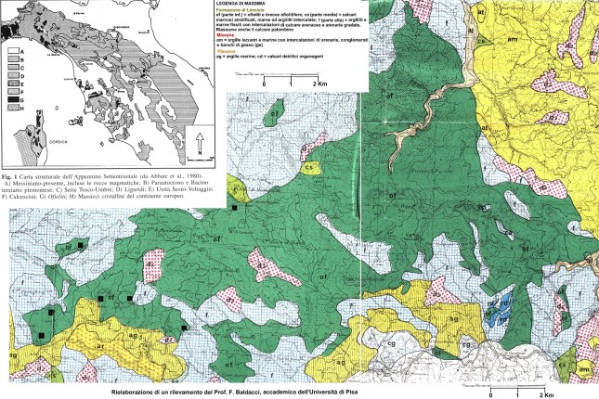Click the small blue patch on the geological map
point(502,302)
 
